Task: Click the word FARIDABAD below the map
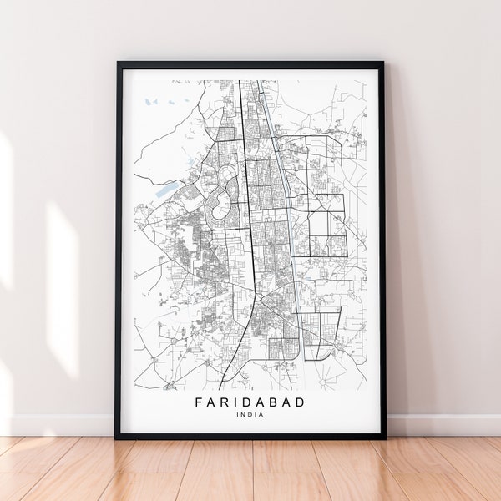pos(250,402)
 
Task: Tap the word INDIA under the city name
pos(250,416)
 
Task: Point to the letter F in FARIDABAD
pos(199,402)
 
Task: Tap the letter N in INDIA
pos(244,416)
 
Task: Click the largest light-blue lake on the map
pos(161,189)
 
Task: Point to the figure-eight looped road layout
pos(219,201)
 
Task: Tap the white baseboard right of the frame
pos(443,424)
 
